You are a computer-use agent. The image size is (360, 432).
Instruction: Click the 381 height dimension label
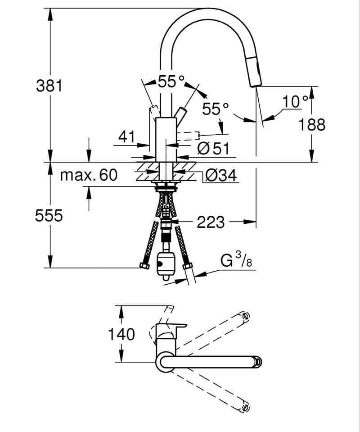(49, 86)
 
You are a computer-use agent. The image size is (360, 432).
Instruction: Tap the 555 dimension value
(49, 215)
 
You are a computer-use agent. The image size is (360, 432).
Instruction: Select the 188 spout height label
(312, 124)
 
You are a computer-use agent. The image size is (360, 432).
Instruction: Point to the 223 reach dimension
(211, 222)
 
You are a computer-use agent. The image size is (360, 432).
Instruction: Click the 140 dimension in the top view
(121, 334)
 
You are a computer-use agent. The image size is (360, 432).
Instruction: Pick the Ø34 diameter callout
(221, 175)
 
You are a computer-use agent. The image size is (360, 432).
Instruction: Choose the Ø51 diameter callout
(213, 149)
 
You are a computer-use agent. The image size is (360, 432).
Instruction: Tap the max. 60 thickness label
(89, 175)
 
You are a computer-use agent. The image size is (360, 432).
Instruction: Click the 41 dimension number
(127, 136)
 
